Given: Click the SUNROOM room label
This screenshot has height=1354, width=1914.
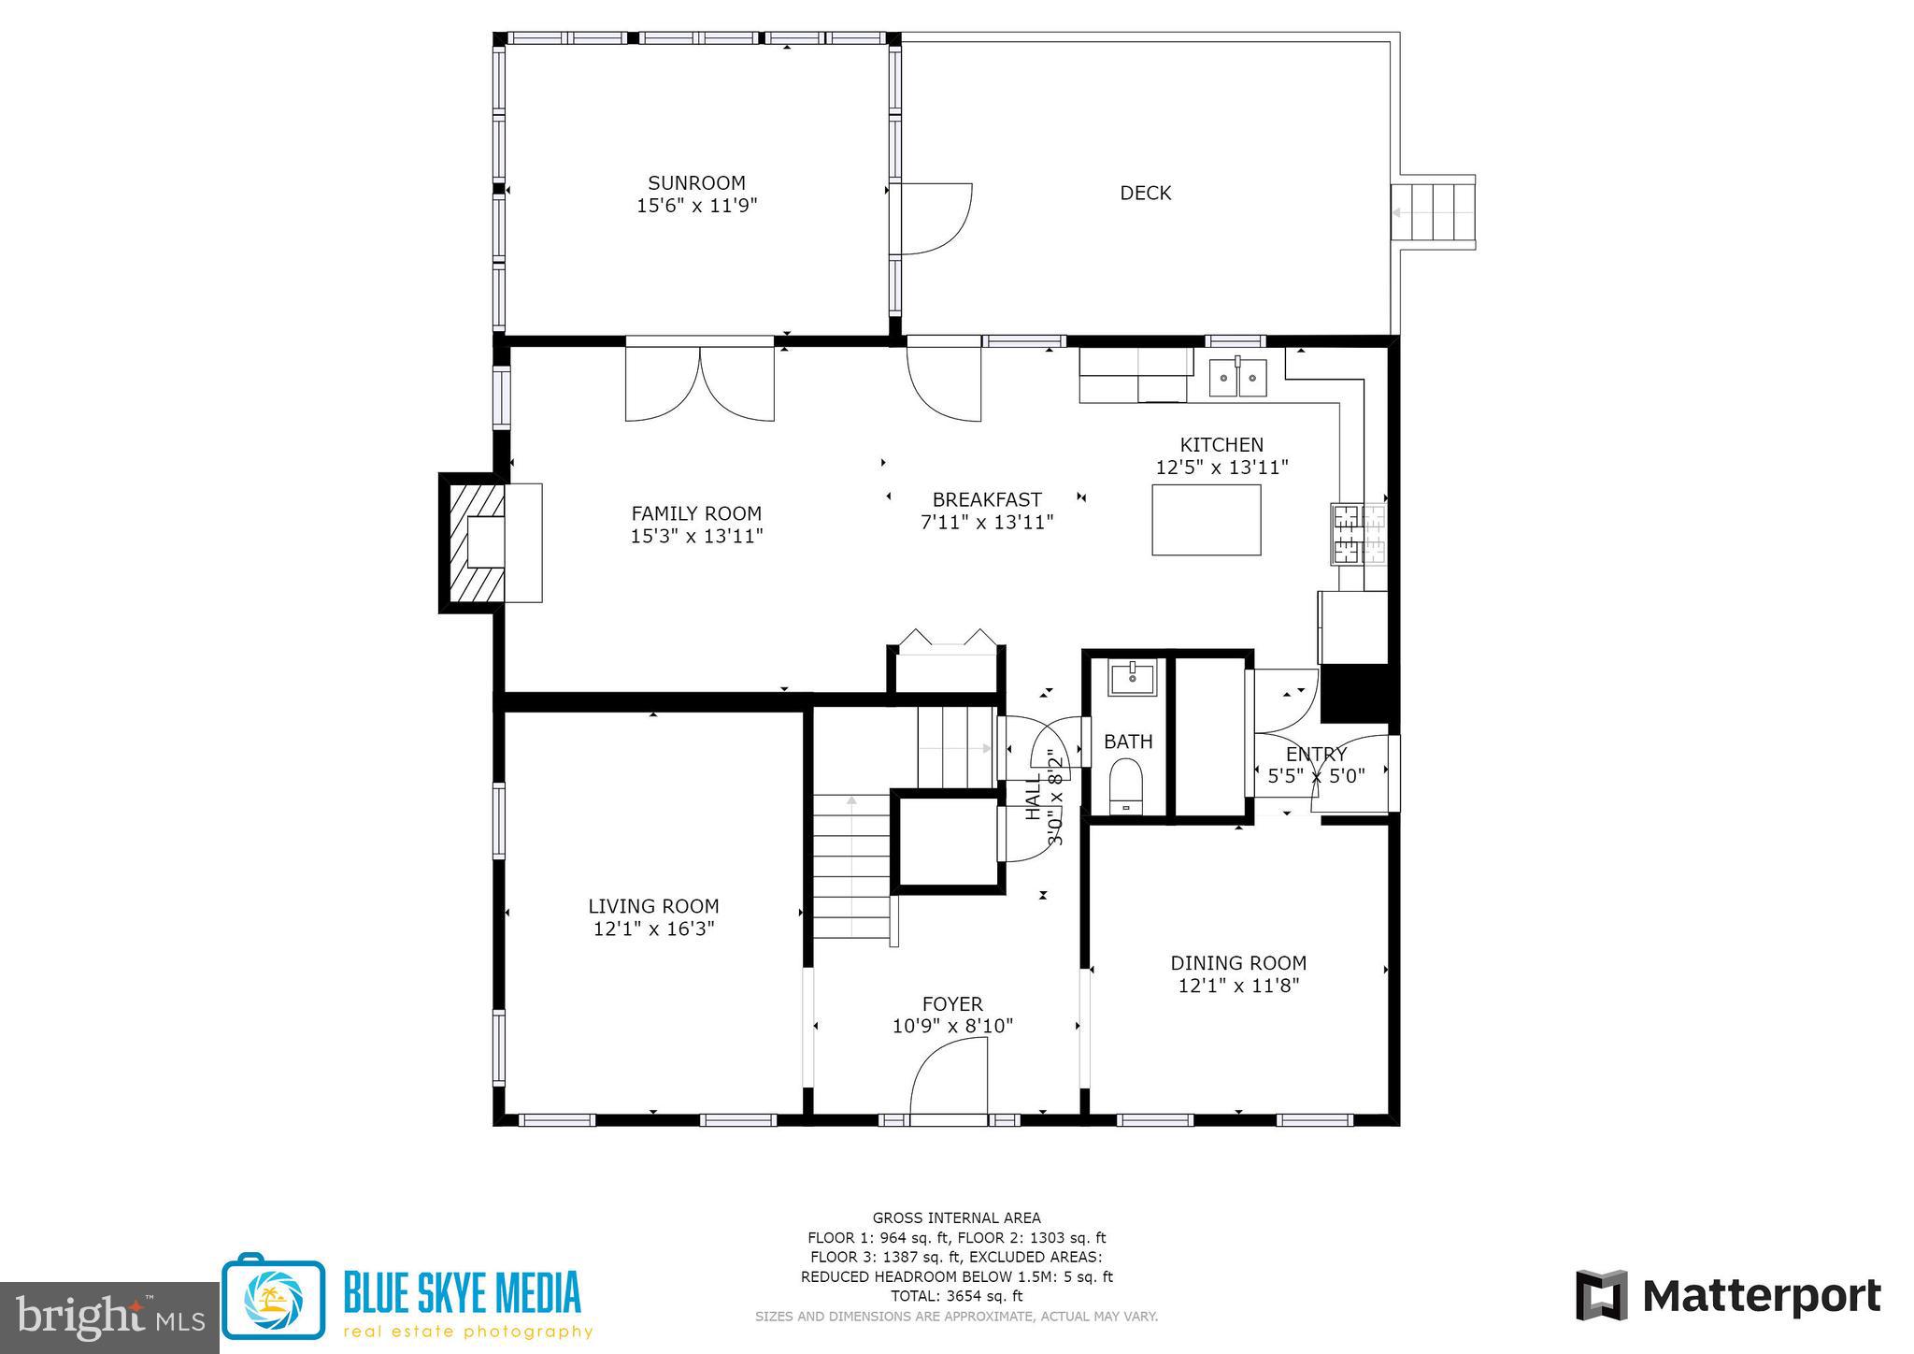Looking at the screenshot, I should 696,183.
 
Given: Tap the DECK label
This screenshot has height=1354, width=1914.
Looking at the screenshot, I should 1145,193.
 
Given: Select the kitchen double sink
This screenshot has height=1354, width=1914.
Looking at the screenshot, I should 1238,378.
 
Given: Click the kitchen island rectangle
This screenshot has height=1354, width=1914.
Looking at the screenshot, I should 1206,520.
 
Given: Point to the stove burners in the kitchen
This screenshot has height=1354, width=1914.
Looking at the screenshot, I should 1359,533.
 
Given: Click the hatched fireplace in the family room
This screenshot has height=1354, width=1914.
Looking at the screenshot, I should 472,542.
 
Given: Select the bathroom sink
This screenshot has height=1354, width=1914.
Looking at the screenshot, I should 1133,677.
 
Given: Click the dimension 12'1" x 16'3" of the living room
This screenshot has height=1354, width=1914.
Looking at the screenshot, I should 653,929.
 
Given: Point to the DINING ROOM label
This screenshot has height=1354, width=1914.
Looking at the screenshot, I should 1238,962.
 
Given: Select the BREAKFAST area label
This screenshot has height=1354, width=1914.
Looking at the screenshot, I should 987,499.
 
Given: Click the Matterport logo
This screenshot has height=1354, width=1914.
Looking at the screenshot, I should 1728,1296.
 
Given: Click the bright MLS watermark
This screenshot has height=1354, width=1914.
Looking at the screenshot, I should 109,1317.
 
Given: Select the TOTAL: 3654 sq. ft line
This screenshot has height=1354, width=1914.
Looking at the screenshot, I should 956,1296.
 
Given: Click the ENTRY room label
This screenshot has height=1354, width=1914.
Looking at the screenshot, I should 1316,755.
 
